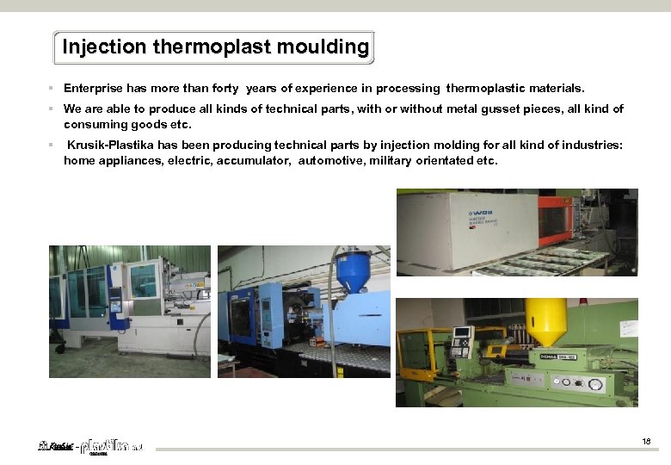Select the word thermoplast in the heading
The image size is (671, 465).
pos(200,46)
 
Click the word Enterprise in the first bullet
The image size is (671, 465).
pos(94,89)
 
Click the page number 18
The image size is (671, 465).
pos(646,443)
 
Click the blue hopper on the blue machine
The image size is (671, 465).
pos(353,272)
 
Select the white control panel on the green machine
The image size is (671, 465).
pos(463,342)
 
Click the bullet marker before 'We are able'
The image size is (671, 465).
pos(52,109)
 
